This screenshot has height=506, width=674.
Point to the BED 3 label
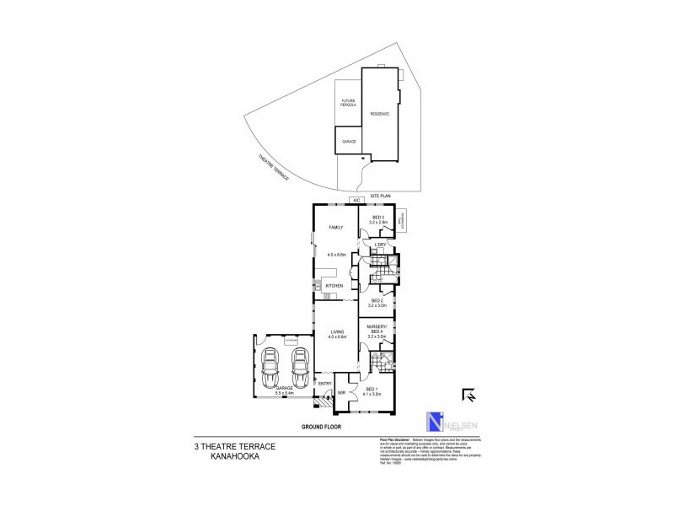pos(377,218)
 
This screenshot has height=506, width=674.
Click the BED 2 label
pos(377,301)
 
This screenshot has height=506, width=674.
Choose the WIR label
pos(342,392)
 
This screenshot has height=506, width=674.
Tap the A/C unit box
pos(356,200)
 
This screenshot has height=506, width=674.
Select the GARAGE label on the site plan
pos(349,142)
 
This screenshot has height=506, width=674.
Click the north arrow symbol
pos(468,394)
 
